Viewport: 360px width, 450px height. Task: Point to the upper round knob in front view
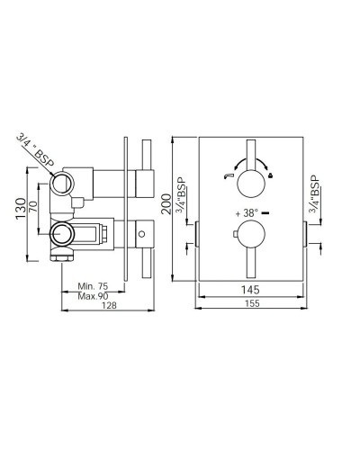tap(253, 164)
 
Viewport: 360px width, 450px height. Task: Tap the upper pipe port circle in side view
tap(63, 184)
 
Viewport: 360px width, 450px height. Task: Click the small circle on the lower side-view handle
tap(140, 238)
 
